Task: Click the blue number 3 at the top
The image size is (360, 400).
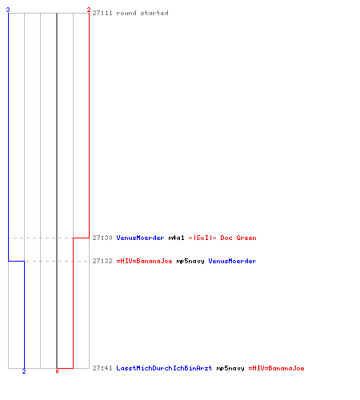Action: pyautogui.click(x=8, y=10)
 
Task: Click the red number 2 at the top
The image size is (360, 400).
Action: pyautogui.click(x=89, y=10)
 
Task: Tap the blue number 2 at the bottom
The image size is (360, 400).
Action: pyautogui.click(x=24, y=371)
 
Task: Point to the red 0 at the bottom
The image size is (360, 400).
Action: pyautogui.click(x=57, y=371)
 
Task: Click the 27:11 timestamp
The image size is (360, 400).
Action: pyautogui.click(x=102, y=13)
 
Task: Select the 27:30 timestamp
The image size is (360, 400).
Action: pyautogui.click(x=102, y=238)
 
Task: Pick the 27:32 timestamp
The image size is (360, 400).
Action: pyautogui.click(x=102, y=261)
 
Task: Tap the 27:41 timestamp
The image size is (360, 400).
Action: pyautogui.click(x=102, y=368)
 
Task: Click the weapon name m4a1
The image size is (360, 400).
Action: pyautogui.click(x=176, y=238)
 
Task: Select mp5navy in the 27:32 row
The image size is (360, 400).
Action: pyautogui.click(x=190, y=261)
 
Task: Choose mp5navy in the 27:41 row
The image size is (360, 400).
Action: pyautogui.click(x=230, y=368)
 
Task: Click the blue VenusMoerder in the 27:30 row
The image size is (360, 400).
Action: pyautogui.click(x=140, y=238)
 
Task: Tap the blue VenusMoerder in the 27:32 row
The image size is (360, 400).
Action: pyautogui.click(x=232, y=261)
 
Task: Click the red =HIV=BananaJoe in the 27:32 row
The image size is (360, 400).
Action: pyautogui.click(x=144, y=261)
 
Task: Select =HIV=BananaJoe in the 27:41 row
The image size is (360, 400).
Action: pyautogui.click(x=276, y=368)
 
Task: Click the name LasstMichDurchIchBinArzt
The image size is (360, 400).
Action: pyautogui.click(x=164, y=368)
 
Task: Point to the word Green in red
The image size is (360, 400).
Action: pyautogui.click(x=246, y=238)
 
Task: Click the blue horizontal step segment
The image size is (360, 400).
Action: pyautogui.click(x=17, y=261)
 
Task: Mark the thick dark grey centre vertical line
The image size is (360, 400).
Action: pyautogui.click(x=57, y=190)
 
